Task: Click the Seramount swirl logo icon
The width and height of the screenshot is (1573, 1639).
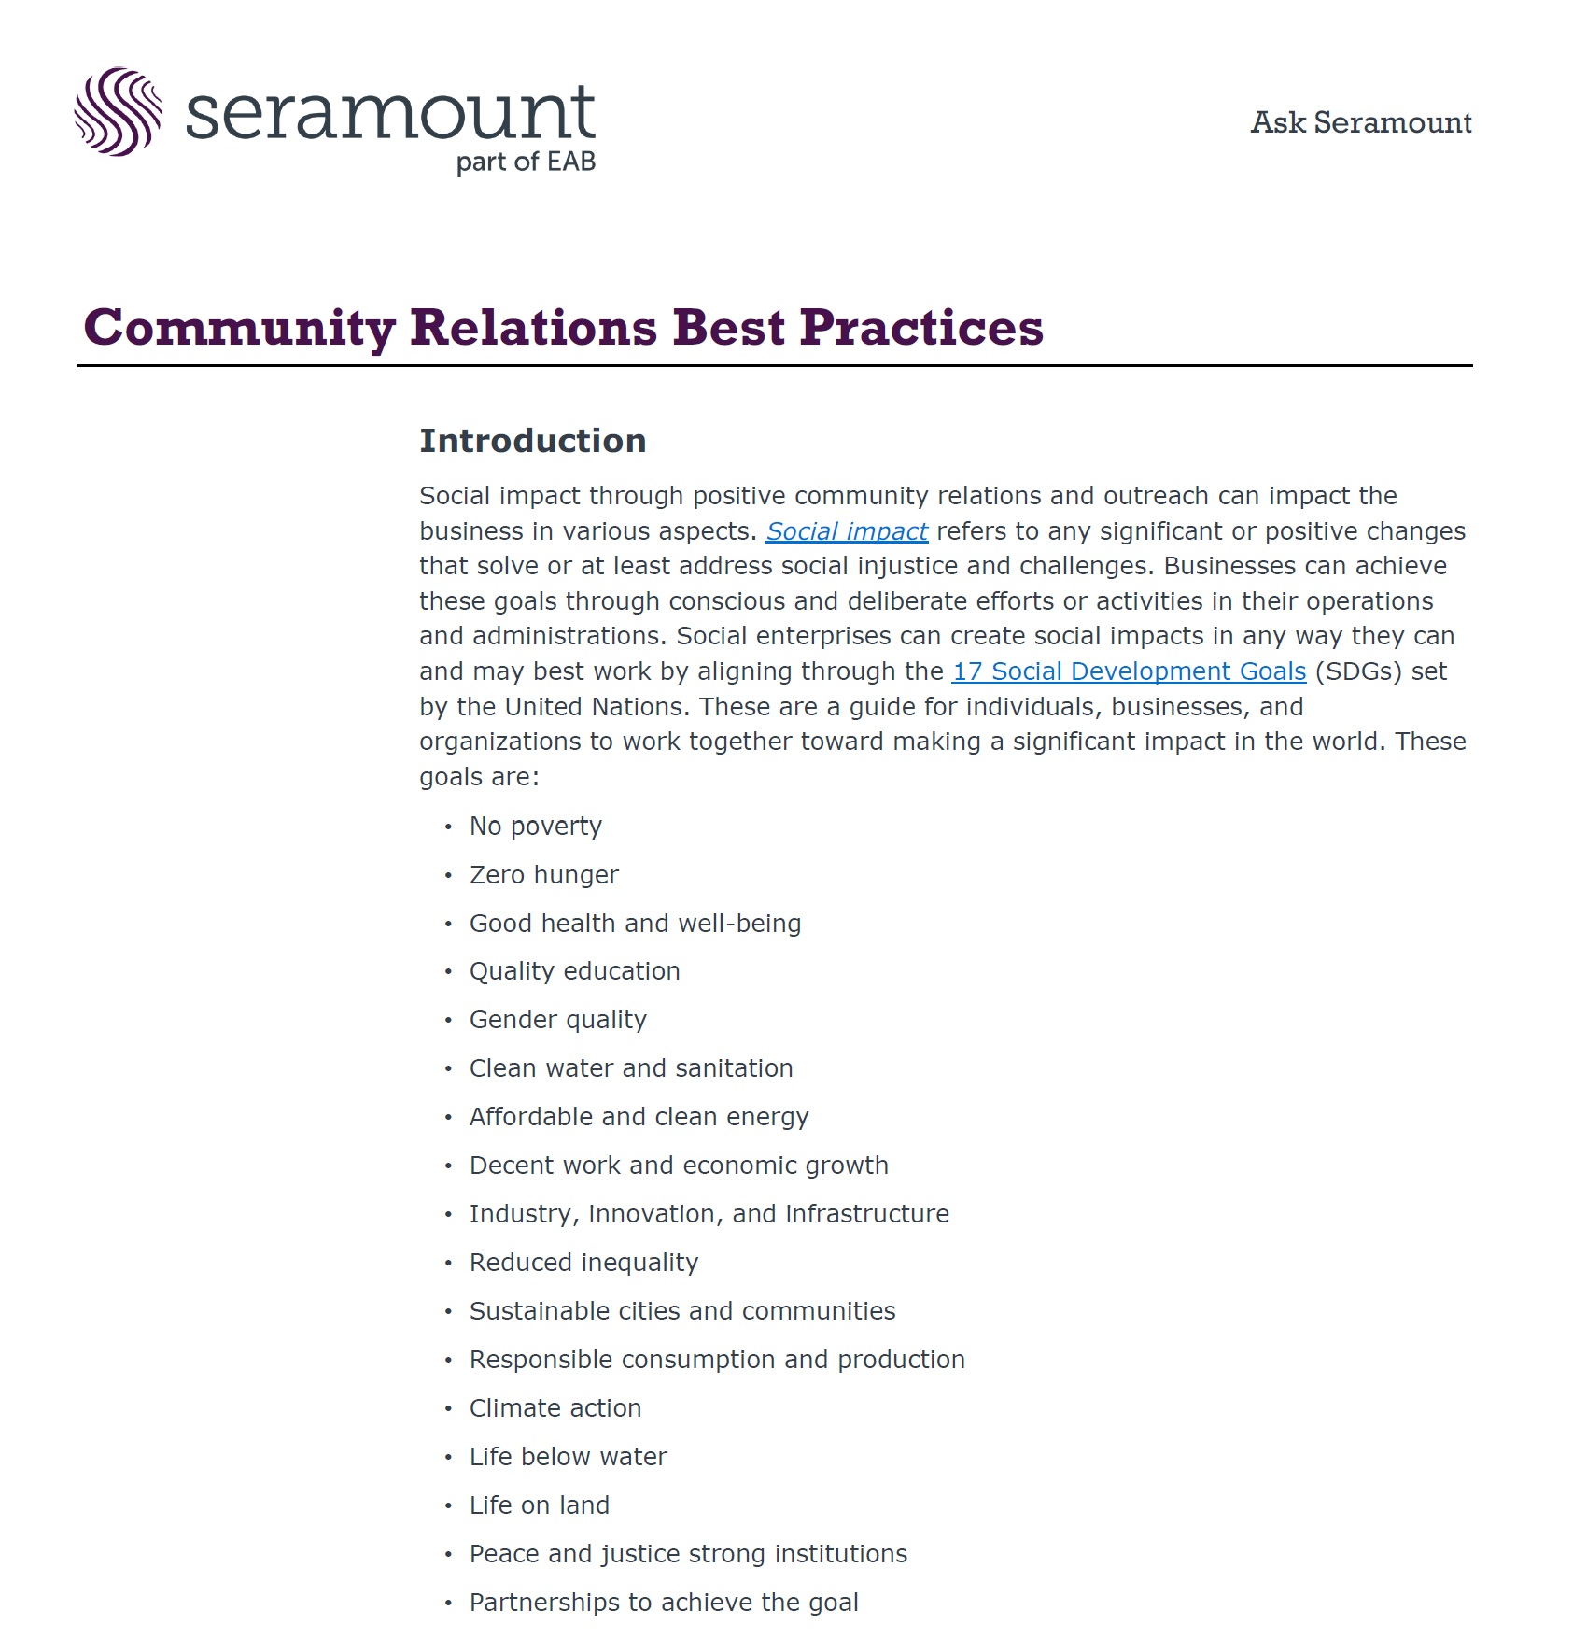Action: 118,112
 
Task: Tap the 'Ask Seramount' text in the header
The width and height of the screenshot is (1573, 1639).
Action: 1360,122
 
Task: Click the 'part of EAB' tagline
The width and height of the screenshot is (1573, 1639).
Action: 526,162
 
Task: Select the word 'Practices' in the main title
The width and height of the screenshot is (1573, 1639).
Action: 920,328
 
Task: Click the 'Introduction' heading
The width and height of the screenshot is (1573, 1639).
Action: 532,441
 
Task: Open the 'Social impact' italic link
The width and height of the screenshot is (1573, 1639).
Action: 847,531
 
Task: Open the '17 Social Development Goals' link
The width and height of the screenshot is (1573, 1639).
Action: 1128,671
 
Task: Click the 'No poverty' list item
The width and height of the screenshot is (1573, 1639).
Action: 535,827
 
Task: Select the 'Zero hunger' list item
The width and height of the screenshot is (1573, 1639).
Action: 543,875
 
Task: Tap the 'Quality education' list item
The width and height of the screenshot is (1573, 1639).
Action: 574,971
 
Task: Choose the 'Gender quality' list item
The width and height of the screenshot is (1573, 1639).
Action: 557,1020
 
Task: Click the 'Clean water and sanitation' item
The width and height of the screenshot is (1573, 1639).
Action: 630,1068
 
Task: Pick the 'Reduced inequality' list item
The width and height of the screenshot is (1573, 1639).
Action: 583,1263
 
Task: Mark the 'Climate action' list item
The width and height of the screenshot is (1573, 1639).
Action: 555,1408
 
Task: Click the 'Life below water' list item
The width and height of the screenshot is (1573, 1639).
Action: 568,1457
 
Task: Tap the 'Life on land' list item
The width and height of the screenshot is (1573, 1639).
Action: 539,1505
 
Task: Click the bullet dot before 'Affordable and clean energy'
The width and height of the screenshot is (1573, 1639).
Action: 448,1118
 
